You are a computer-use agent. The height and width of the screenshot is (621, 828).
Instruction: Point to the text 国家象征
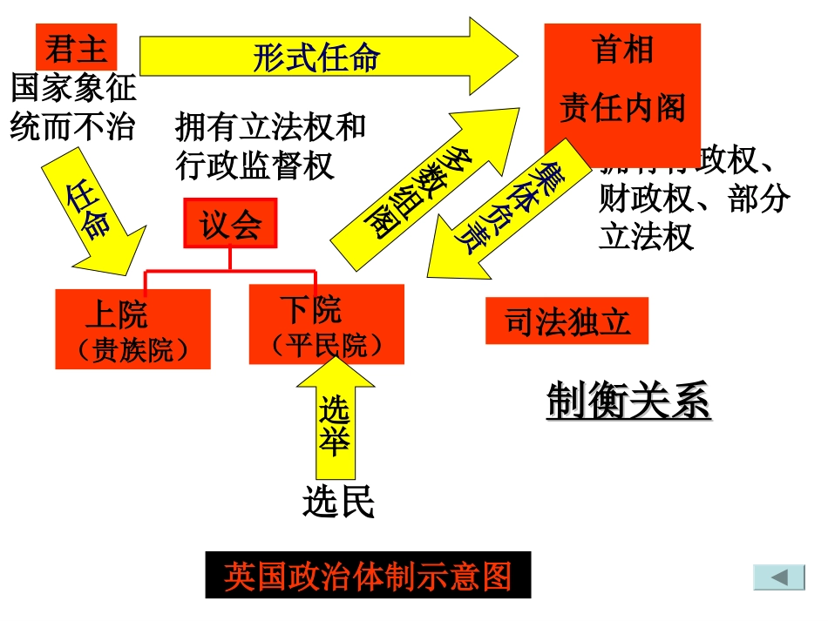click(73, 89)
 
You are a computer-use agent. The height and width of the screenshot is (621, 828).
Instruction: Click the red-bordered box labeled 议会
click(230, 224)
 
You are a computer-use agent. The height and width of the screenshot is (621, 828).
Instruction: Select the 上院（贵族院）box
click(132, 329)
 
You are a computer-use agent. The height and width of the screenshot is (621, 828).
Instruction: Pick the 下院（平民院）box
click(326, 324)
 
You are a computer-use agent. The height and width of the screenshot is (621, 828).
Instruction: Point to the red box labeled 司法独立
click(567, 321)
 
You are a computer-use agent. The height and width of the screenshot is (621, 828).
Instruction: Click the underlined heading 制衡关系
click(628, 402)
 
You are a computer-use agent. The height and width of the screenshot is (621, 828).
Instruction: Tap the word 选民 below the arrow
click(339, 502)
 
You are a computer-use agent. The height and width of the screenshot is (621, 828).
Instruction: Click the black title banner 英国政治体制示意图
click(368, 576)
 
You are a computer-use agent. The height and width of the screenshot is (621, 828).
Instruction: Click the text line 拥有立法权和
click(270, 127)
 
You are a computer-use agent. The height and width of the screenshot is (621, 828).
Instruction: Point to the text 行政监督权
click(255, 165)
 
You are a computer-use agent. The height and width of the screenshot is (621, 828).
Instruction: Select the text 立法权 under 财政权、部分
click(646, 237)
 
